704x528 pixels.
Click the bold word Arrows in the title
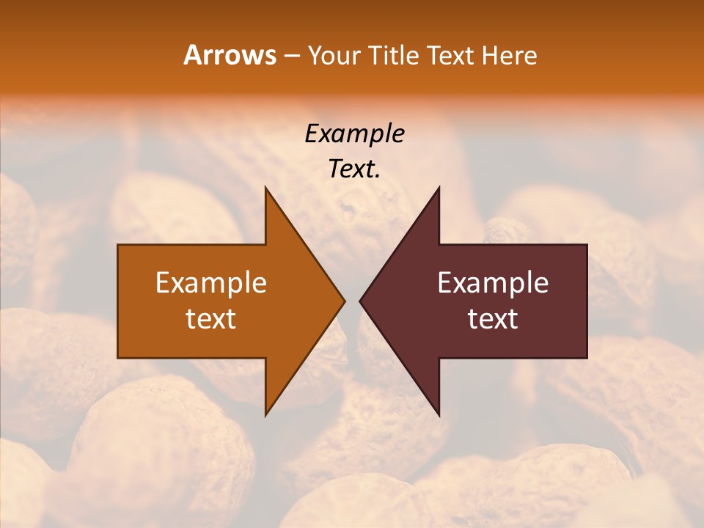(230, 55)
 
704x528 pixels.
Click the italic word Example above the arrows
(355, 133)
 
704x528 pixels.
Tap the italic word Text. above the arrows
(355, 169)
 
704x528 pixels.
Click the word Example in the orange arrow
(211, 282)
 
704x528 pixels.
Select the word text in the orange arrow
(211, 318)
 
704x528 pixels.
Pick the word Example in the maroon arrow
(493, 282)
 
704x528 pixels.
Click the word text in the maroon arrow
(493, 318)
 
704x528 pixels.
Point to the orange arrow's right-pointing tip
(344, 301)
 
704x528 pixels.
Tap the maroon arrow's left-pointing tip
(360, 301)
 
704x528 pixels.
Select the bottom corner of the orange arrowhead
(265, 415)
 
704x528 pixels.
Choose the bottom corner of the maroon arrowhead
(439, 415)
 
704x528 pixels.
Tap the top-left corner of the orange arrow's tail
(118, 245)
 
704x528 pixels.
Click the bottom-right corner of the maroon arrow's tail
(587, 357)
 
